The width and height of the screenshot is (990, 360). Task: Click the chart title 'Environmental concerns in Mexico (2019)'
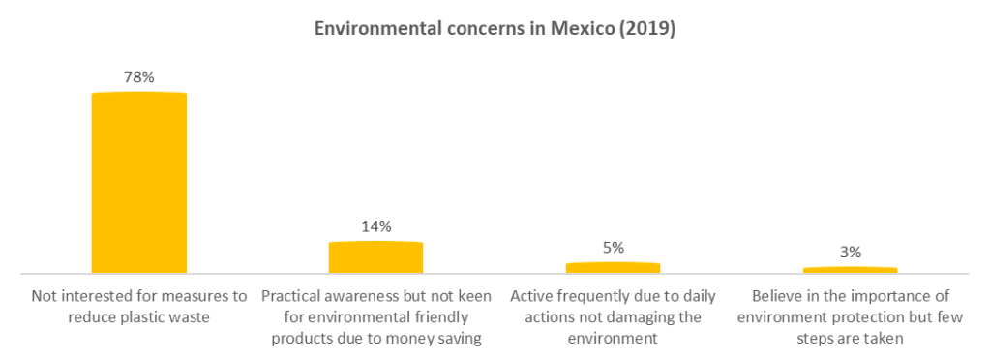click(495, 30)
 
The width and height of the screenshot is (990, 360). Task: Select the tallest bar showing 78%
click(138, 183)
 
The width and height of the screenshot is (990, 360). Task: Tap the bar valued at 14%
click(375, 257)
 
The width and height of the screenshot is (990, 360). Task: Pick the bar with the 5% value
click(613, 268)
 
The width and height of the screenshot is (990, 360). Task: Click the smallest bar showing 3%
click(850, 270)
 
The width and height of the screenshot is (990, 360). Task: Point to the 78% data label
click(138, 76)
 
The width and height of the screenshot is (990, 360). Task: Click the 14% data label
click(375, 226)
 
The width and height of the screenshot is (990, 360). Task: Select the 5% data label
click(613, 247)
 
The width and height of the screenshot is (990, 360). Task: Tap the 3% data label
click(850, 252)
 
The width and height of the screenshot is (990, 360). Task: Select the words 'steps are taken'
click(850, 339)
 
